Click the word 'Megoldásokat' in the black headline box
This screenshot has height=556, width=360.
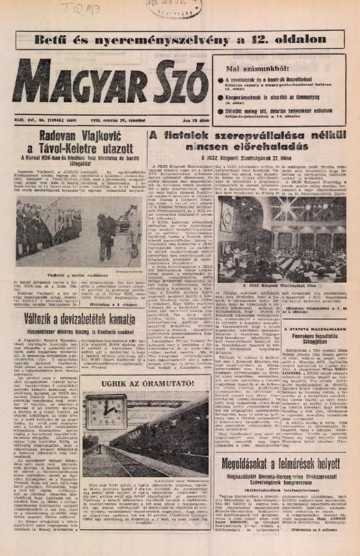253,483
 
